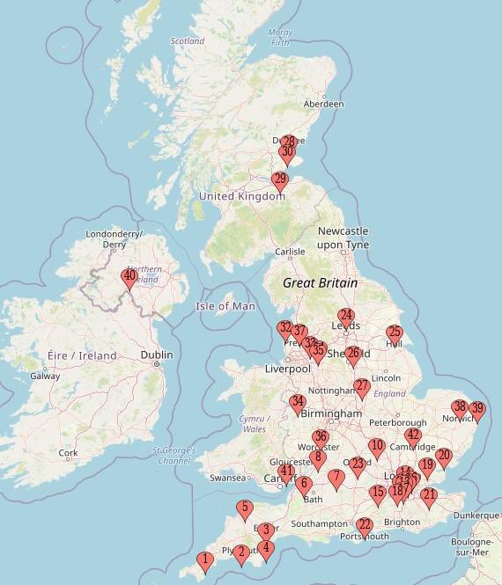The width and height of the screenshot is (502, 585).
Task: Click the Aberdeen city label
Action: click(x=324, y=104)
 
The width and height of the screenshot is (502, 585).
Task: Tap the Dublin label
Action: click(x=156, y=355)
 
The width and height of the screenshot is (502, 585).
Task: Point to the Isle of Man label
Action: click(x=224, y=306)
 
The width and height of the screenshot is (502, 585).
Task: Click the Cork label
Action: click(x=67, y=454)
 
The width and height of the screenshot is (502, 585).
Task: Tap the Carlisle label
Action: click(x=290, y=252)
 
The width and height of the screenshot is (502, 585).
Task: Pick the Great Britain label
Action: click(x=320, y=283)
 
